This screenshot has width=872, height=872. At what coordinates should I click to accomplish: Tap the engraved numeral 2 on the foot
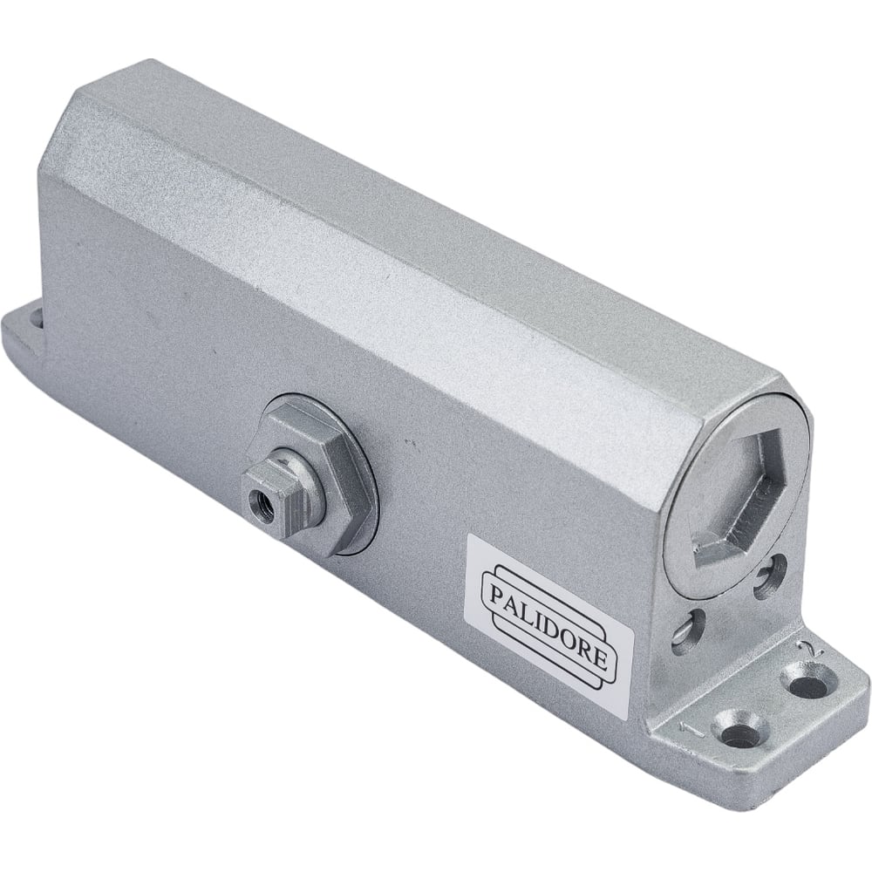tap(805, 647)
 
